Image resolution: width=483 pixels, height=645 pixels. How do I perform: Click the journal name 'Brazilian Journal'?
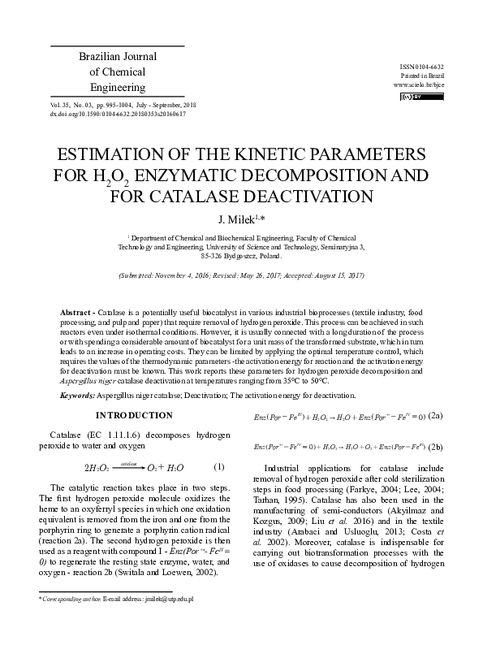click(117, 57)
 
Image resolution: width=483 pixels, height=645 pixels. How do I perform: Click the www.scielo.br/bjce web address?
click(418, 84)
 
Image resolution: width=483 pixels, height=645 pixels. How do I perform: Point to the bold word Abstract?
click(77, 313)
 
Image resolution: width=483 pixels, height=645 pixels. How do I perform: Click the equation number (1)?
click(218, 466)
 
